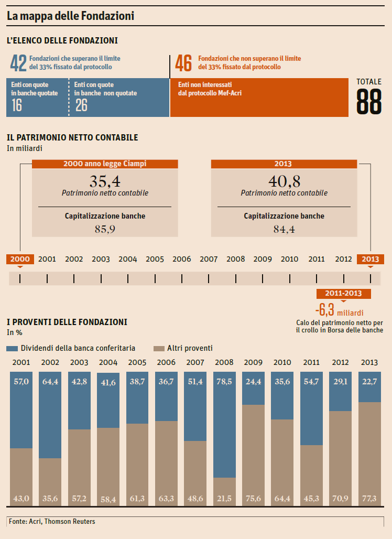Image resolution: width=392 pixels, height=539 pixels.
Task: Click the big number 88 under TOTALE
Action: pos(369,101)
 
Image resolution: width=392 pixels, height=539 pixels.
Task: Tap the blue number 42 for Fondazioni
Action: pos(18,63)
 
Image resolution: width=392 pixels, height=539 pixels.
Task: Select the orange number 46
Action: pos(183,63)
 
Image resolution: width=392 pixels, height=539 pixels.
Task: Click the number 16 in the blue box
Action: pos(17,105)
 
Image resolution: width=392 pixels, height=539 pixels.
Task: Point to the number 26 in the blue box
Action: pos(81,105)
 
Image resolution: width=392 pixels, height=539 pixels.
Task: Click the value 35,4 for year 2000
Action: pos(105,181)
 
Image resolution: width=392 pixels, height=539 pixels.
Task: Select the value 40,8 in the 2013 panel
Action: pos(284,181)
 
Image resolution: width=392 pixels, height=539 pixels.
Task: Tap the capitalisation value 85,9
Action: pos(105,229)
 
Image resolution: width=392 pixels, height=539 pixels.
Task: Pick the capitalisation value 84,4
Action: pos(284,229)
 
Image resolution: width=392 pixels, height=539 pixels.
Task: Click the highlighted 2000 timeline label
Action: pos(20,259)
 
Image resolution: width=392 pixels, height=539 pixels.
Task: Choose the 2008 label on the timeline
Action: pos(235,259)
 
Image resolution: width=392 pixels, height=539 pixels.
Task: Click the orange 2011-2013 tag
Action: pos(343,294)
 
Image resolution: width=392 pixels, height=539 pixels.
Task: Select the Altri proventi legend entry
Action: pos(183,348)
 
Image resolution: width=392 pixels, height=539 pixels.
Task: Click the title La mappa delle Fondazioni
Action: pos(70,16)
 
